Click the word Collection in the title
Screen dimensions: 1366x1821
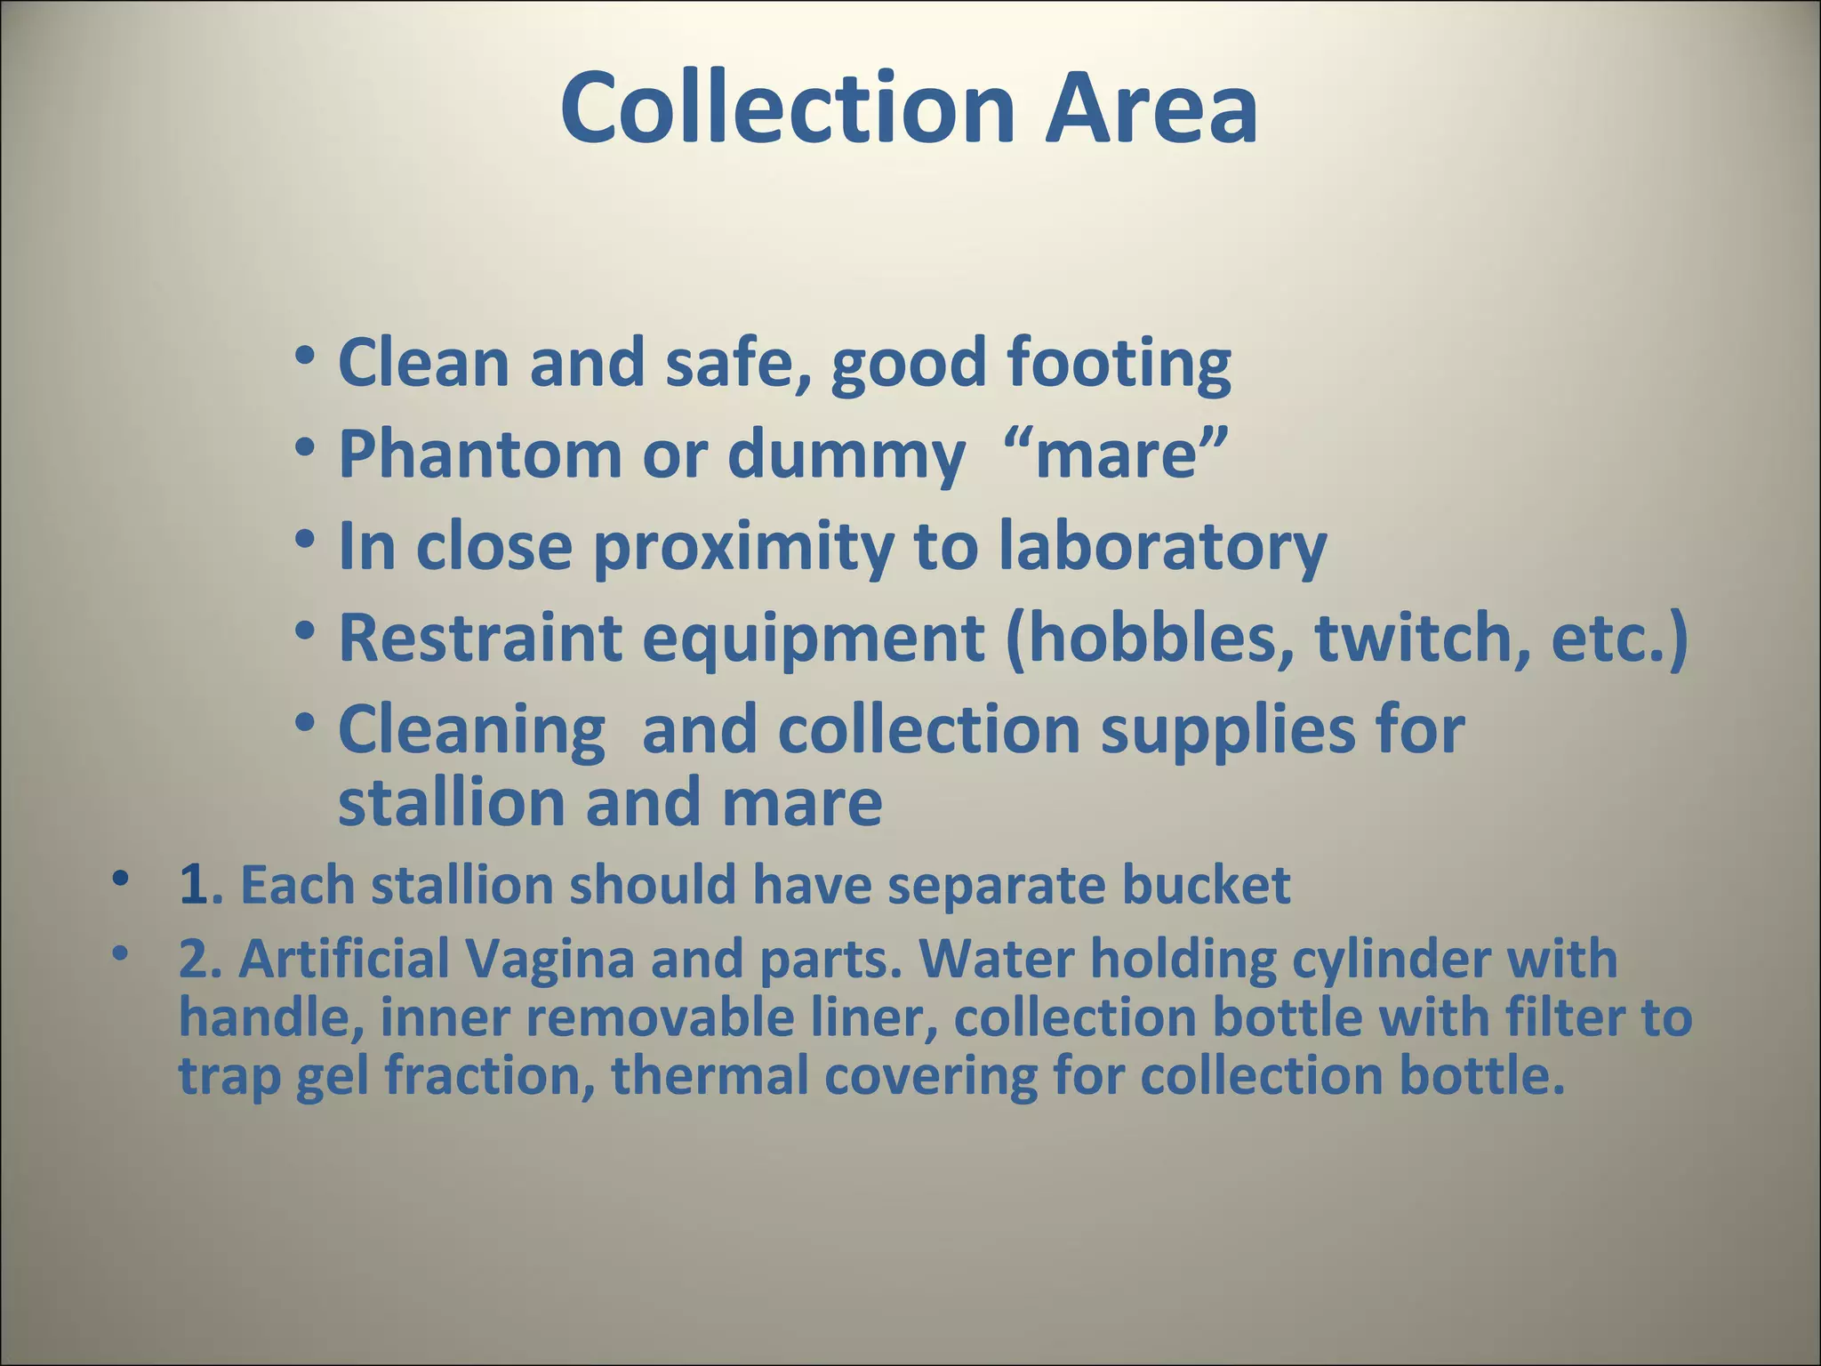(788, 108)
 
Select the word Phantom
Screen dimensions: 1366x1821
(480, 454)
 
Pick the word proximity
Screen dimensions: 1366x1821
(743, 548)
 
